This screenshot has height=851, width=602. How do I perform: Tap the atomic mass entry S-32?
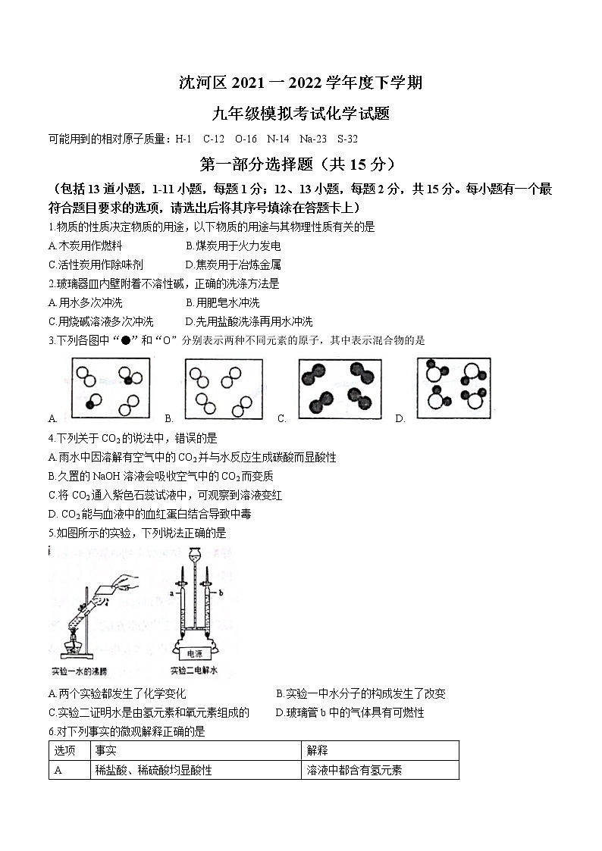pos(348,139)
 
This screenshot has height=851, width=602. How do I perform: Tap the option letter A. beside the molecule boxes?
pos(52,418)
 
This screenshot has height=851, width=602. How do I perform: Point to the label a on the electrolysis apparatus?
pos(172,594)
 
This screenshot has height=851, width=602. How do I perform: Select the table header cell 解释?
pos(317,750)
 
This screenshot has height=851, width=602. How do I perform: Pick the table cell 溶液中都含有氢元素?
pos(354,770)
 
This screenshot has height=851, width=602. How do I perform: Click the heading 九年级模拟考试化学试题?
pos(301,114)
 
